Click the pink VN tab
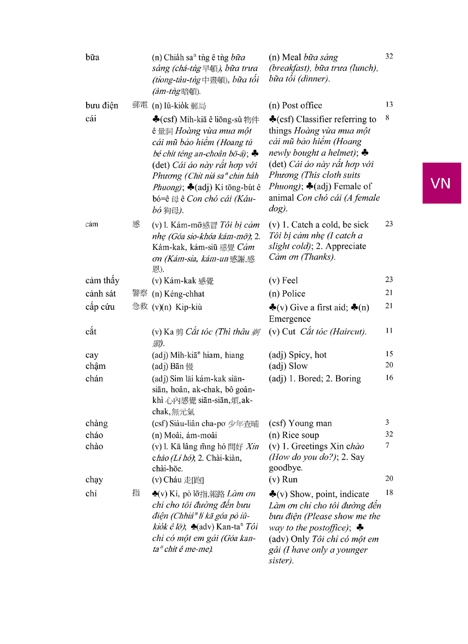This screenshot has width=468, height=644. (x=441, y=183)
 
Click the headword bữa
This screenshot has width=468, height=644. (x=92, y=58)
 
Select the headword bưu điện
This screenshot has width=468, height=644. (x=102, y=106)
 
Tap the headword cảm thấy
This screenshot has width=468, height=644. (x=102, y=281)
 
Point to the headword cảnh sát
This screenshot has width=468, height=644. (x=100, y=294)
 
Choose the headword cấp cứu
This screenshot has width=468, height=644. (x=100, y=307)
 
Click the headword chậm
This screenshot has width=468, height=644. (x=95, y=366)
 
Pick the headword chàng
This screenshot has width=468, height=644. (x=96, y=424)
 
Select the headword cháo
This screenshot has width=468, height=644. (x=94, y=435)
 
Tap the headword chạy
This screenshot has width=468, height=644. (x=94, y=480)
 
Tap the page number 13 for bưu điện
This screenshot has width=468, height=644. (x=389, y=104)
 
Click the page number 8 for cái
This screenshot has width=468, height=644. (x=388, y=118)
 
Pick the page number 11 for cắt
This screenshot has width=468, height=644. (x=389, y=331)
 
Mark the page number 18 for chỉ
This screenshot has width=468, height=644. (x=389, y=492)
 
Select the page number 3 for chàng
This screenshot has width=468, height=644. (x=387, y=423)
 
